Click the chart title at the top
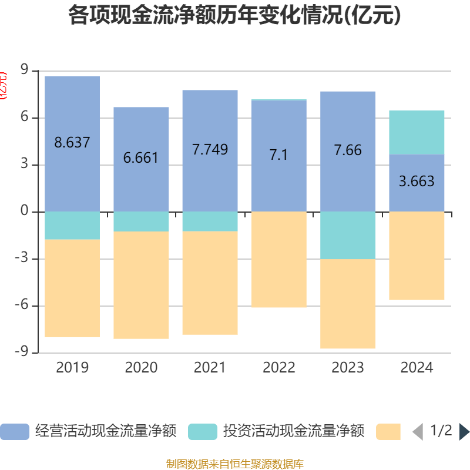pyautogui.click(x=234, y=16)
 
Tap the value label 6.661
pyautogui.click(x=141, y=158)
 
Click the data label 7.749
pyautogui.click(x=210, y=149)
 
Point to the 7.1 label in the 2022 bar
pyautogui.click(x=278, y=155)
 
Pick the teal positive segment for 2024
pyautogui.click(x=417, y=132)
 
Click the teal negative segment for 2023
pyautogui.click(x=348, y=235)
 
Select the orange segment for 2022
pyautogui.click(x=278, y=259)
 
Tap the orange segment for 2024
pyautogui.click(x=417, y=256)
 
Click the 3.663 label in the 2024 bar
pyautogui.click(x=417, y=182)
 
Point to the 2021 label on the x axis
pyautogui.click(x=210, y=368)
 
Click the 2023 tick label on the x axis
pyautogui.click(x=348, y=368)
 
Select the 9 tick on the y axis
pyautogui.click(x=25, y=70)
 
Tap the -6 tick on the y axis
pyautogui.click(x=22, y=305)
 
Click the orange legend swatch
pyautogui.click(x=388, y=431)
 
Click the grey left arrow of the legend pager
pyautogui.click(x=417, y=431)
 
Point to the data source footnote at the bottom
pyautogui.click(x=234, y=464)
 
